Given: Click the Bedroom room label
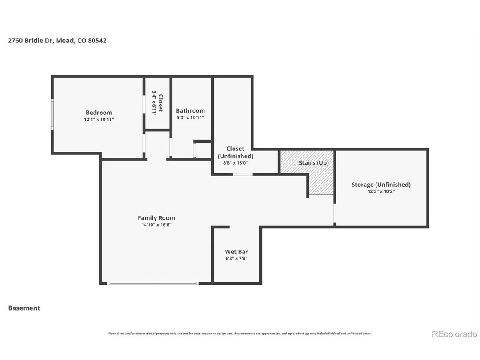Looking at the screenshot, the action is pyautogui.click(x=99, y=113).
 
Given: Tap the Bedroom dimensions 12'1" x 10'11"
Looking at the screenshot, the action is pyautogui.click(x=99, y=120).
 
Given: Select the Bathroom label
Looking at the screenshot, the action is pyautogui.click(x=191, y=111).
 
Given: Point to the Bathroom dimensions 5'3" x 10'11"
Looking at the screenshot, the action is pyautogui.click(x=191, y=117).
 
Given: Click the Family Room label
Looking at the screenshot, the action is pyautogui.click(x=156, y=218).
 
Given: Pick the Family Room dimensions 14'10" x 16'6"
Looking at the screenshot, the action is pyautogui.click(x=156, y=225).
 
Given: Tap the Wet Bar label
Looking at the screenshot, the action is pyautogui.click(x=237, y=252).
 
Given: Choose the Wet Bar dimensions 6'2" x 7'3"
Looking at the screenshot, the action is pyautogui.click(x=237, y=258).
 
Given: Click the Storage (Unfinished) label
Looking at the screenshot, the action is pyautogui.click(x=381, y=185).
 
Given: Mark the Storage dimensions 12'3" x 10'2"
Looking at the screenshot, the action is pyautogui.click(x=381, y=191).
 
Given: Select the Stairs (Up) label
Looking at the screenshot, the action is pyautogui.click(x=314, y=162).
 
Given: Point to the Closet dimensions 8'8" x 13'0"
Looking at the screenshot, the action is pyautogui.click(x=235, y=163).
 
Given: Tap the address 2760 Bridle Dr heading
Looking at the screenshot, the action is pyautogui.click(x=57, y=40).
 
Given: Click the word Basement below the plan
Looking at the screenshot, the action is pyautogui.click(x=24, y=308).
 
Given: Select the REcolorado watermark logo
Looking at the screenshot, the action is pyautogui.click(x=454, y=334).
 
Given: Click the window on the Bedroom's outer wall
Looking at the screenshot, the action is pyautogui.click(x=52, y=114).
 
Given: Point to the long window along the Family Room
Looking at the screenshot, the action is pyautogui.click(x=153, y=283).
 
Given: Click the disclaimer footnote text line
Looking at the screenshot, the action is pyautogui.click(x=240, y=334).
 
